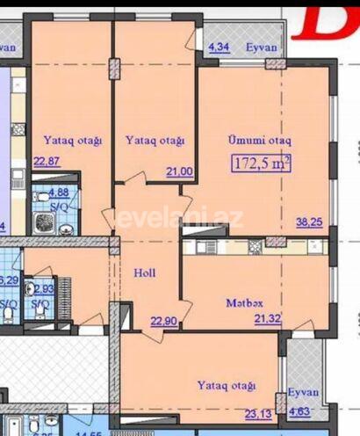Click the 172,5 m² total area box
tap(262, 162)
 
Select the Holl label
tap(145, 273)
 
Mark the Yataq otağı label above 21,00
tap(155, 140)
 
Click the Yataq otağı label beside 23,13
tap(227, 386)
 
